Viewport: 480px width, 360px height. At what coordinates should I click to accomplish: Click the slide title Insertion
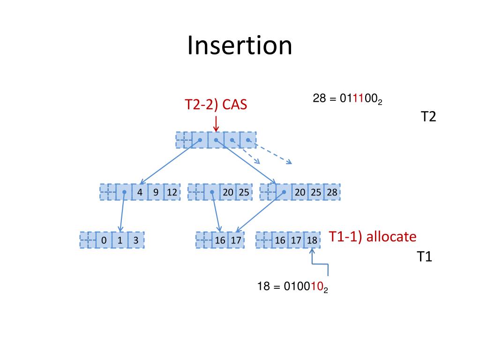point(240,46)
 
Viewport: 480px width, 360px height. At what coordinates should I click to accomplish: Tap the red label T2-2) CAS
point(216,105)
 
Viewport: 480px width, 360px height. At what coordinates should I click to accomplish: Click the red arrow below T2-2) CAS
point(216,124)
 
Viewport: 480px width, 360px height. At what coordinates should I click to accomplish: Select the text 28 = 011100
point(347,99)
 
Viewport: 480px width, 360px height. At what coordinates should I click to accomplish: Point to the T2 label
point(428,117)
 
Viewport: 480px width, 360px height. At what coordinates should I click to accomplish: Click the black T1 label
point(424,257)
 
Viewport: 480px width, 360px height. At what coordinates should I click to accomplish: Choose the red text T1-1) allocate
point(372,237)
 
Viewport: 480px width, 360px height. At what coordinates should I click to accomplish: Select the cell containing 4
point(140,192)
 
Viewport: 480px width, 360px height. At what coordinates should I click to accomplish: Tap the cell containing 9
point(156,192)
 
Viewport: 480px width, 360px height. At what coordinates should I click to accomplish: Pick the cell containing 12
point(172,192)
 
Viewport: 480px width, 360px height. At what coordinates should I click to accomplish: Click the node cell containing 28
point(332,192)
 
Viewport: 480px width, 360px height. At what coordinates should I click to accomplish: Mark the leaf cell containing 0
point(104,240)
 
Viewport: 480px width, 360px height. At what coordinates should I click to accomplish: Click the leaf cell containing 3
point(135,240)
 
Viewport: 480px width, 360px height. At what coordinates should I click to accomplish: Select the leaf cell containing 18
point(312,240)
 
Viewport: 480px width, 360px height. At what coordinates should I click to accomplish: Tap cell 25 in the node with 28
point(316,192)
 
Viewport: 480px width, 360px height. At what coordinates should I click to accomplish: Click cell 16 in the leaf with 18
point(280,240)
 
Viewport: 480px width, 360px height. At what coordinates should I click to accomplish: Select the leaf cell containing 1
point(120,240)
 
